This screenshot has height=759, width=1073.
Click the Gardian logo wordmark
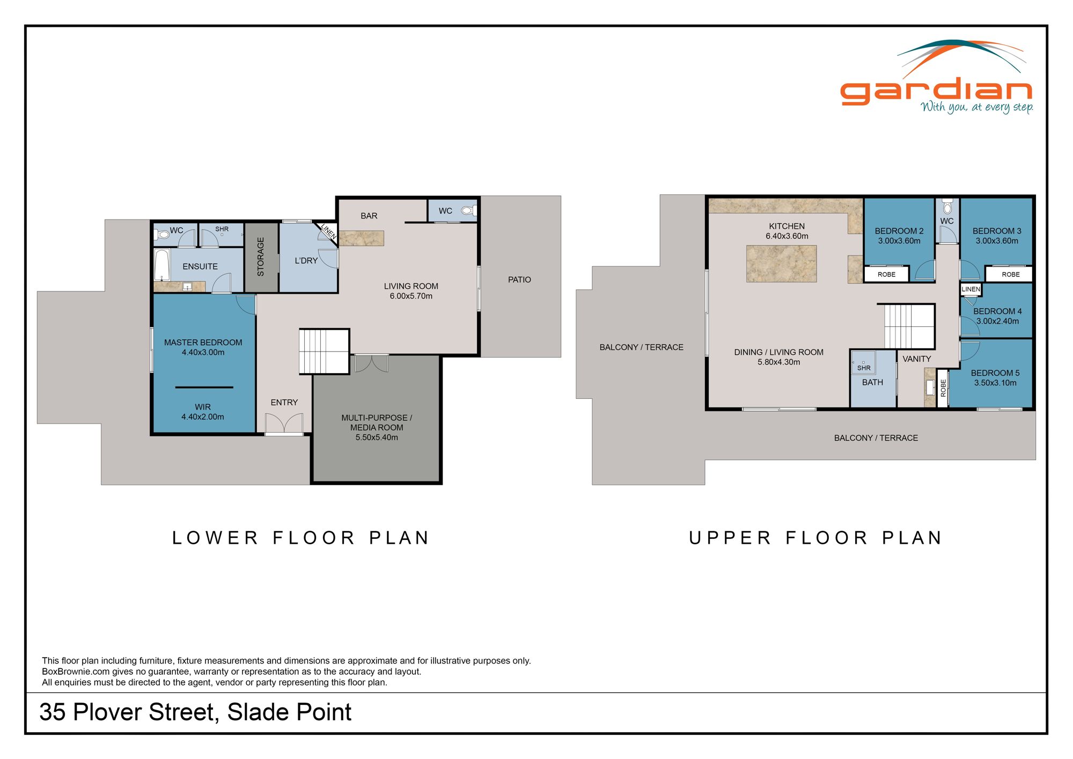[936, 91]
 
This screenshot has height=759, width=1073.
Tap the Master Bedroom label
[203, 342]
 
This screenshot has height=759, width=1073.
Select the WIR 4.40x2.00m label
[203, 412]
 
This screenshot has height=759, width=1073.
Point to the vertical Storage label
[261, 257]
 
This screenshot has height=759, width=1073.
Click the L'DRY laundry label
[306, 261]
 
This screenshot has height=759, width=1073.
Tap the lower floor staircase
[324, 351]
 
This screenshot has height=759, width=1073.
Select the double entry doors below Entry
[284, 424]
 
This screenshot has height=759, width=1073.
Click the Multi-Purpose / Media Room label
[377, 422]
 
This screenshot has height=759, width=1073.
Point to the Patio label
[519, 280]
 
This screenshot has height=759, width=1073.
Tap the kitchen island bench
[781, 264]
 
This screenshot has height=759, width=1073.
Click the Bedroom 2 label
[899, 231]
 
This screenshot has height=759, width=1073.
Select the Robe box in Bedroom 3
[1010, 274]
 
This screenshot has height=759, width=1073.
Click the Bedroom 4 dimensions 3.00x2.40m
[997, 322]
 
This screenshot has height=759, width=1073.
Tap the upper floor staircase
[909, 326]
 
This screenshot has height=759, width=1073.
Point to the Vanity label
[916, 359]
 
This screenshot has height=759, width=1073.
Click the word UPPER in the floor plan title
[730, 538]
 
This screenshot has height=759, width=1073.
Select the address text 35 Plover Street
[129, 712]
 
